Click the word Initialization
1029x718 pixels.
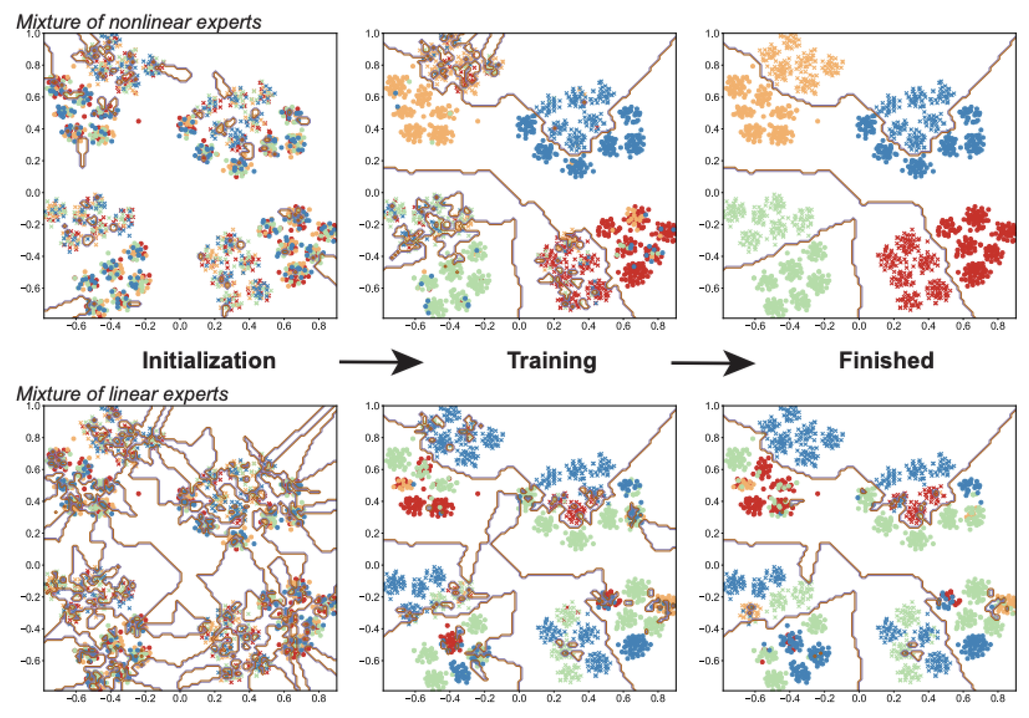click(x=209, y=361)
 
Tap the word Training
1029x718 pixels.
click(x=552, y=361)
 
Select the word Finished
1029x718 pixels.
click(x=886, y=360)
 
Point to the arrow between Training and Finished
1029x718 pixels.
click(x=713, y=363)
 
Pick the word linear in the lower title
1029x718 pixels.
click(x=129, y=394)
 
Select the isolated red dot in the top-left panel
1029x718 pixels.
click(x=139, y=121)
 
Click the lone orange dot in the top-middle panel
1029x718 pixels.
click(x=478, y=121)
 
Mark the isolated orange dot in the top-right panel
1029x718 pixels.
click(x=817, y=121)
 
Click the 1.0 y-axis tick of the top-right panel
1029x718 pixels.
click(x=712, y=33)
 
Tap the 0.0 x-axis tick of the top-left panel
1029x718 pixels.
click(x=180, y=326)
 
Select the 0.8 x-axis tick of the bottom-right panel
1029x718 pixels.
click(x=997, y=698)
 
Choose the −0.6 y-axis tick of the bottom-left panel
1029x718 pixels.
click(x=31, y=661)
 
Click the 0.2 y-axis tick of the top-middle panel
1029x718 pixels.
click(x=372, y=161)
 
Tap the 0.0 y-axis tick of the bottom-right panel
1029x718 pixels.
click(x=712, y=565)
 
